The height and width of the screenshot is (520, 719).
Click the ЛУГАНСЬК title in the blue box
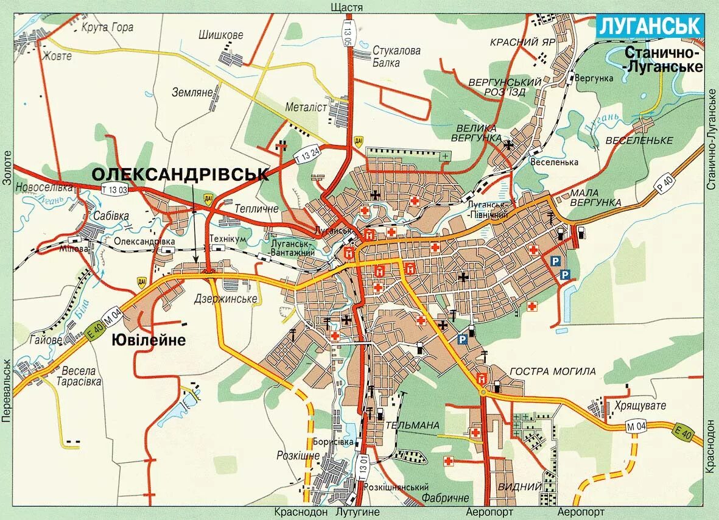pos(650,26)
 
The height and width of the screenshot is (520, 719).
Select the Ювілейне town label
pos(148,340)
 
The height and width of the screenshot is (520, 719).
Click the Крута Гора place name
pos(107,27)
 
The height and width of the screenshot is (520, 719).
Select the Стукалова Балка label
pos(396,56)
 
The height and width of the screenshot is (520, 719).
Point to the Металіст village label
pos(306,107)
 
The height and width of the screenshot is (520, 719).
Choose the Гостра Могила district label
pos(552,371)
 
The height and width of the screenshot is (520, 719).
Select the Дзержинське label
pos(225,299)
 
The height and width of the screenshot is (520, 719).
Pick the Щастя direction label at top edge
pos(346,7)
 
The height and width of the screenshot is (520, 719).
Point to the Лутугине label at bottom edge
pos(357,513)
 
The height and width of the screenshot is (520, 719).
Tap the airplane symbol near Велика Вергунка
pos(508,144)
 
